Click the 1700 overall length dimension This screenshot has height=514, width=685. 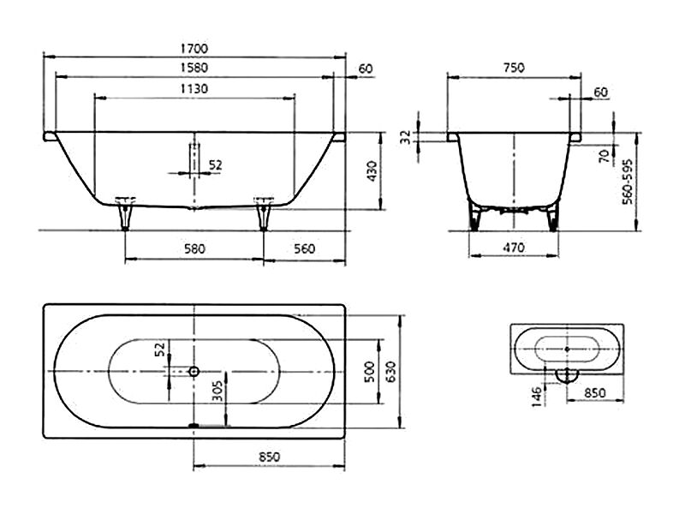tap(194, 49)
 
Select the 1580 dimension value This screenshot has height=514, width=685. tap(194, 68)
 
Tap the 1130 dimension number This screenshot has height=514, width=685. tap(194, 89)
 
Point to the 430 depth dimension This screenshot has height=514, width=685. tap(372, 171)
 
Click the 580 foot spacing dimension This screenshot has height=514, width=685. tap(194, 248)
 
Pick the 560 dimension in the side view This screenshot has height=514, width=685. tap(304, 248)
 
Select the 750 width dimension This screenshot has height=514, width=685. tap(514, 68)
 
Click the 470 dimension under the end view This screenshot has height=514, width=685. tap(514, 248)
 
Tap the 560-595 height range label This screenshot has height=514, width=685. tap(628, 182)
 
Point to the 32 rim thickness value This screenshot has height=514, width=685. tap(406, 137)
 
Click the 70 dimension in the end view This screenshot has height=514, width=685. tap(605, 156)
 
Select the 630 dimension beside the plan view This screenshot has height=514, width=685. tap(390, 372)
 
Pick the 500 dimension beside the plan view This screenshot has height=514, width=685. tap(370, 372)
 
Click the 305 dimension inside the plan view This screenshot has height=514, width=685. tap(217, 391)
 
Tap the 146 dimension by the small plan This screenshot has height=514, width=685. tap(537, 397)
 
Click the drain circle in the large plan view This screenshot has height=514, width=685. tap(194, 372)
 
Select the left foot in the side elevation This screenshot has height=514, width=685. tap(125, 214)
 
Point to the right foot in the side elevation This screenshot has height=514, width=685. tap(264, 214)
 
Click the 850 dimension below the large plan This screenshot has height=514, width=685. tap(269, 457)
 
